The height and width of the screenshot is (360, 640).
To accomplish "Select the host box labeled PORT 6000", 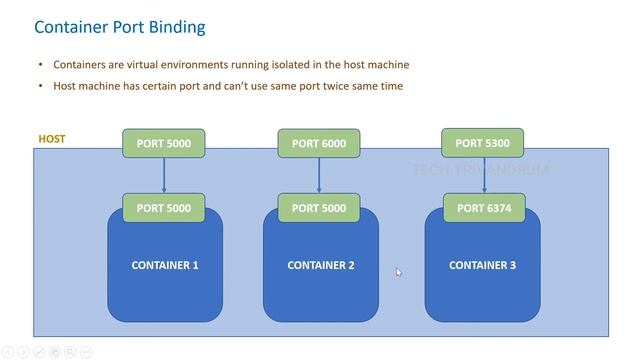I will tap(319, 143).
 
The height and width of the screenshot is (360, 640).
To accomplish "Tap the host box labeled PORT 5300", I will tap(483, 143).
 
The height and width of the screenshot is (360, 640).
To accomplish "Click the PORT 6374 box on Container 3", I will tap(483, 208).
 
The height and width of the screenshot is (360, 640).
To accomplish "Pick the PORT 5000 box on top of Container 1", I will tap(164, 208).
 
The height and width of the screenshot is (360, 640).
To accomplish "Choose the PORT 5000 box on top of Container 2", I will tap(319, 208).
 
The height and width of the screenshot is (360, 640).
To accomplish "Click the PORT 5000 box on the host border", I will tap(164, 143).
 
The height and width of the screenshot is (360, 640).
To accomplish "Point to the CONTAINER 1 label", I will tap(165, 265).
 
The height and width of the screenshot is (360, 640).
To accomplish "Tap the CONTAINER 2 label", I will tap(320, 265).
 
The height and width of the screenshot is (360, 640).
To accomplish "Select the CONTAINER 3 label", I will tap(483, 265).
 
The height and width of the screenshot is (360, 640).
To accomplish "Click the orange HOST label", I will tap(52, 139).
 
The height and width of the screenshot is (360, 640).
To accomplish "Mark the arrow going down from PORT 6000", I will tap(319, 175).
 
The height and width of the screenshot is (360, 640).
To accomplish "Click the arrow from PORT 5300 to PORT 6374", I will tap(483, 175).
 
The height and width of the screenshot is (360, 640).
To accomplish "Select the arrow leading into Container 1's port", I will tap(164, 175).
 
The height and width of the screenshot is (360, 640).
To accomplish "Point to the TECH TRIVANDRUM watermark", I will tap(480, 170).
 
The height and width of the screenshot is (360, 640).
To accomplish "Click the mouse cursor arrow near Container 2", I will tap(398, 271).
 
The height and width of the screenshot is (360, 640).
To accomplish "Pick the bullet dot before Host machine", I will tap(40, 86).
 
